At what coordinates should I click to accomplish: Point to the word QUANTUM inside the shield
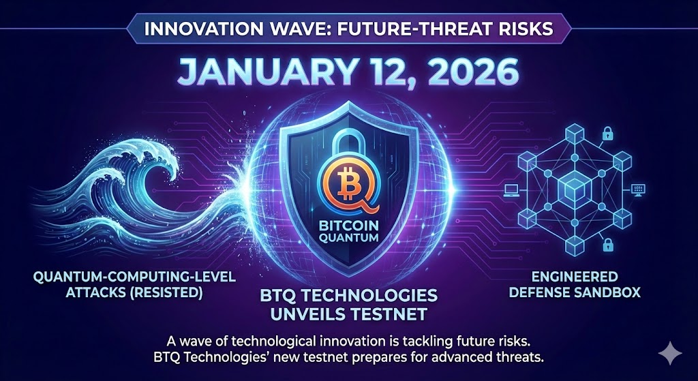coord(348,239)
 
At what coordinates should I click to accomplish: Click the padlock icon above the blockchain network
coord(607,133)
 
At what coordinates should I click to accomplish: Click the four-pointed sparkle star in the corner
coord(670,354)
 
